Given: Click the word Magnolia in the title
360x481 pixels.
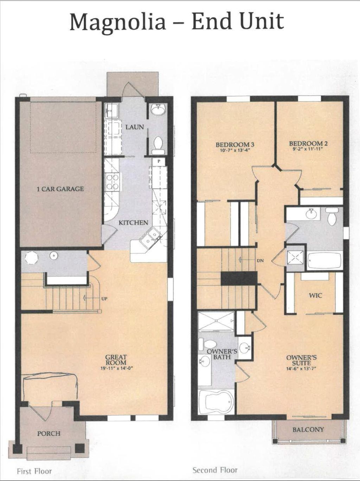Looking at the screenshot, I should (117, 22).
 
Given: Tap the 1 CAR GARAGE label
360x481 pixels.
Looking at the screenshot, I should (60, 189).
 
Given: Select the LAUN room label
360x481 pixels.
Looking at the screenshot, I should (135, 127).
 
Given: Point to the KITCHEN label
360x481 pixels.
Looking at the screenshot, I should (133, 223).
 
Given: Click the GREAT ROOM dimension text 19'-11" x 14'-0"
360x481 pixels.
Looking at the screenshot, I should (116, 368).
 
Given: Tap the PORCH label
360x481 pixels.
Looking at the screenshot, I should (49, 433).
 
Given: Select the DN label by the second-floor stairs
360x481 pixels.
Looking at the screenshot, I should (260, 261).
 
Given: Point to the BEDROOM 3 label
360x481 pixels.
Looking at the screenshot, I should (235, 145).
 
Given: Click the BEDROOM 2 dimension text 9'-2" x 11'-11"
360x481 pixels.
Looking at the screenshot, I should (306, 149).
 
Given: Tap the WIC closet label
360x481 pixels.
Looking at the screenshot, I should (315, 295).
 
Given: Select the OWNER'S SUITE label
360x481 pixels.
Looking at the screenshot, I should (301, 360).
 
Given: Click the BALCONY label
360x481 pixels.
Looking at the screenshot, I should (308, 429).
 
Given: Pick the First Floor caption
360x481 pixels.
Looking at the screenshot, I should (34, 471).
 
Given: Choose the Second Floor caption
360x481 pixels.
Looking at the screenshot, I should (215, 470).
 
